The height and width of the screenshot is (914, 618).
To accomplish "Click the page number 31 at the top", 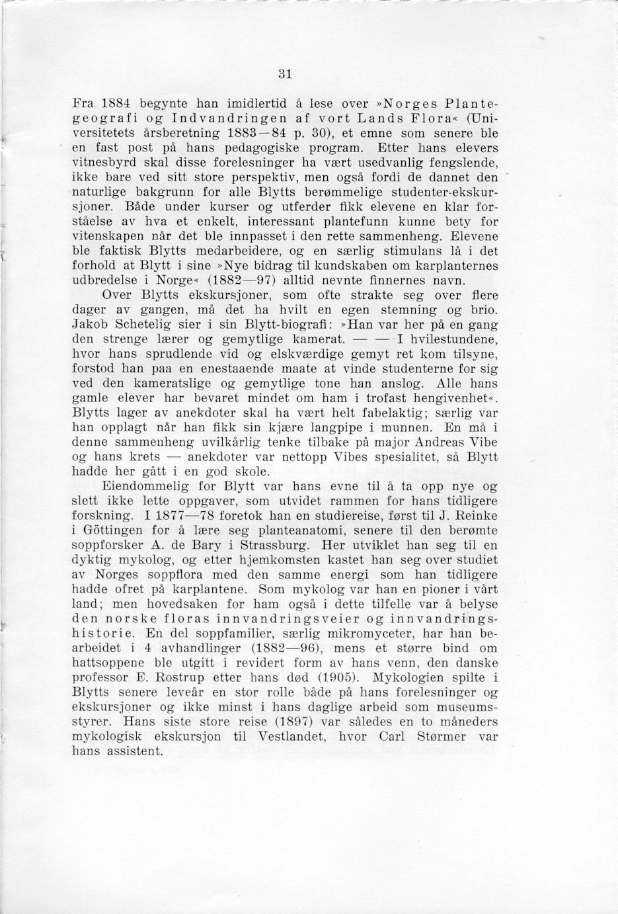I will (x=285, y=73).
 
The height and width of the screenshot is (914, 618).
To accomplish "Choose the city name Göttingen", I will (x=121, y=531).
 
